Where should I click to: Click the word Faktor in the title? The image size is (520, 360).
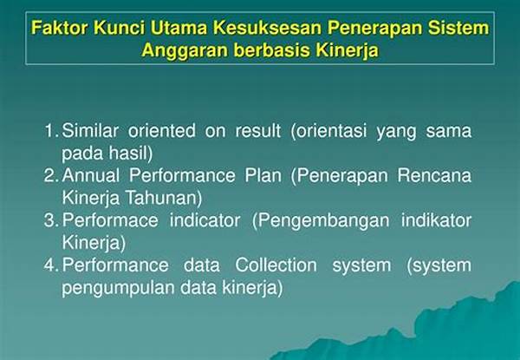[60, 27]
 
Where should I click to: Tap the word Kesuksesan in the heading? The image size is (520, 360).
[267, 27]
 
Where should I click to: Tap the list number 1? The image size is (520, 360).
[51, 131]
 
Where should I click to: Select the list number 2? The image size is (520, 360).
[51, 175]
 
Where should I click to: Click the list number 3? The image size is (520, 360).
[51, 220]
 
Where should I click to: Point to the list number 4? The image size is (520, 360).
[51, 265]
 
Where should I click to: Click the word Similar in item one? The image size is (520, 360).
[90, 130]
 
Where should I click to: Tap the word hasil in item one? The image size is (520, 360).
[130, 153]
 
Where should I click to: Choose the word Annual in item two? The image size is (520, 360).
[90, 175]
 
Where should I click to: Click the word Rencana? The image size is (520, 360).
[434, 175]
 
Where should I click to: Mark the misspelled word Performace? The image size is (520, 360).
[110, 220]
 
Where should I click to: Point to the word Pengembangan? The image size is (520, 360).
[321, 221]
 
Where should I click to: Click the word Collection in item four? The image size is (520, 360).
[276, 265]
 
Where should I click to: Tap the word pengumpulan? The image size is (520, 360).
[119, 288]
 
